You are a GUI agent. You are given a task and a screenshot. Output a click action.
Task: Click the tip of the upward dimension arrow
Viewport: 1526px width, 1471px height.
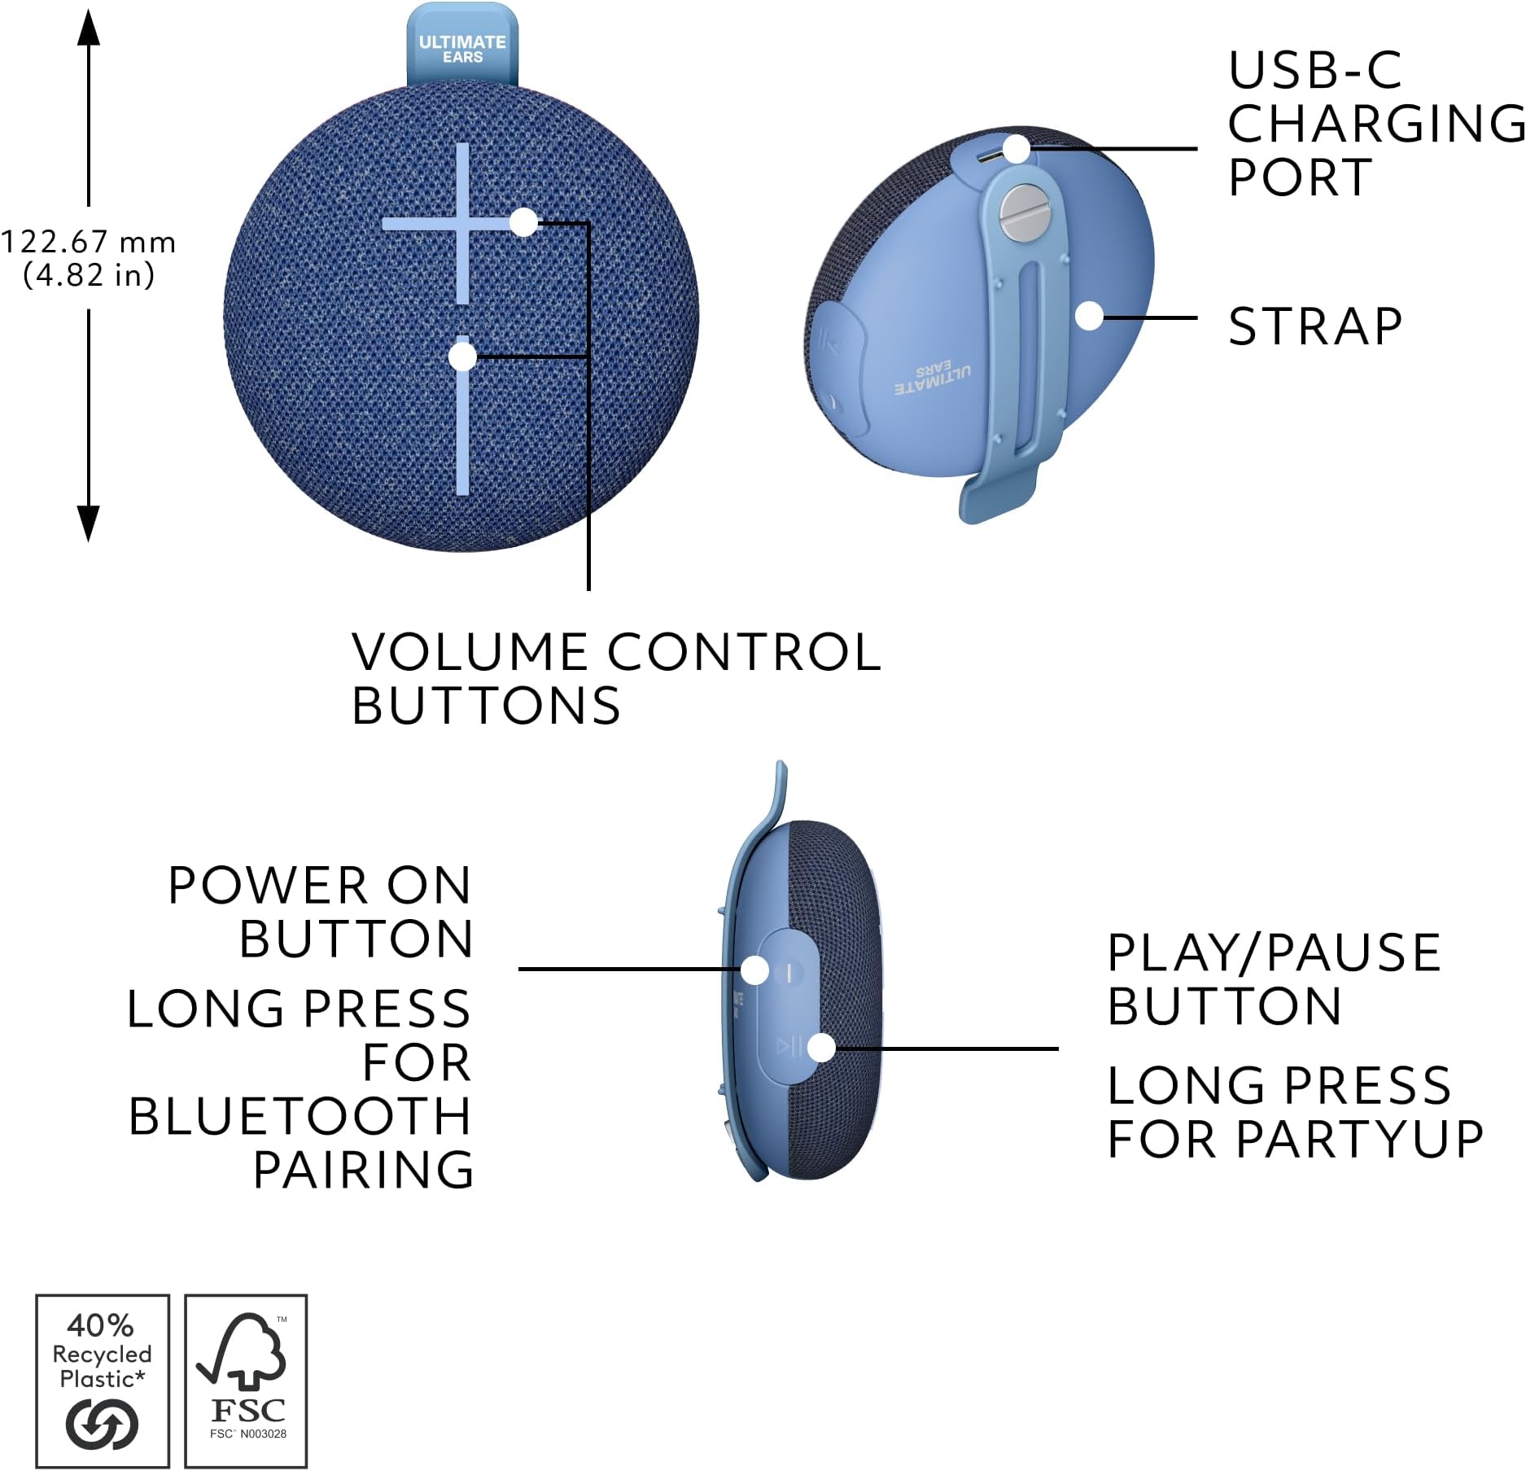pos(89,11)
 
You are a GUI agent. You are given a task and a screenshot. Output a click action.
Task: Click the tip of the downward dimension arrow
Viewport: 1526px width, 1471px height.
pos(89,541)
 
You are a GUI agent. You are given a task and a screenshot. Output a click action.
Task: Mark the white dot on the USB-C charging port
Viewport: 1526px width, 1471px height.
pos(1017,150)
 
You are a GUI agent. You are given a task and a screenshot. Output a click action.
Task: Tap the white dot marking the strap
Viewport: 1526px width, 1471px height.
pos(1089,317)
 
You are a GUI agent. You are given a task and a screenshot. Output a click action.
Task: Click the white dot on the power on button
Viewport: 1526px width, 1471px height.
pos(755,970)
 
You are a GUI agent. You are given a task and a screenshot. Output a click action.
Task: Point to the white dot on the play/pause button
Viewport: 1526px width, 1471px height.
pos(822,1048)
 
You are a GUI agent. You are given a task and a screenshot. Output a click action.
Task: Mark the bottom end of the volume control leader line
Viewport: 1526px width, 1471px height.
pos(588,589)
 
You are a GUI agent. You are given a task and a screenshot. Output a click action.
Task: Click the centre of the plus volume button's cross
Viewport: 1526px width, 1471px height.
pos(462,223)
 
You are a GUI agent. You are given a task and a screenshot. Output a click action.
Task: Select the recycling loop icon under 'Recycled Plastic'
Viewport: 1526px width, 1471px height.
pos(102,1424)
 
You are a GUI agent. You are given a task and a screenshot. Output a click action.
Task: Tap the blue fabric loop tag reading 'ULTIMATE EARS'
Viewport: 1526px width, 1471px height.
pos(462,46)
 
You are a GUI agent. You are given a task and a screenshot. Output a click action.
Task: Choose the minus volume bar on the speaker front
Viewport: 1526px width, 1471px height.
pos(462,415)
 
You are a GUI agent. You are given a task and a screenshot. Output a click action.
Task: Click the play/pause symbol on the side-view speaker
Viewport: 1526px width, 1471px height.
pos(789,1045)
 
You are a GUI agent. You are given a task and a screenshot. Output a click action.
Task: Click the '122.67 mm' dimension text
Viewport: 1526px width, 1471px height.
pos(89,242)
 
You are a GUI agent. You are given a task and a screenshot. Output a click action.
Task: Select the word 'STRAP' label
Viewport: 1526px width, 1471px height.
pos(1315,326)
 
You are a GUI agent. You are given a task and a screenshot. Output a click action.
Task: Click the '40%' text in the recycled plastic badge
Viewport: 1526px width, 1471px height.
pos(100,1326)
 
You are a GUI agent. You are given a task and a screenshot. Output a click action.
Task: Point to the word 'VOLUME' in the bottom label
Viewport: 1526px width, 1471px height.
pos(470,651)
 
